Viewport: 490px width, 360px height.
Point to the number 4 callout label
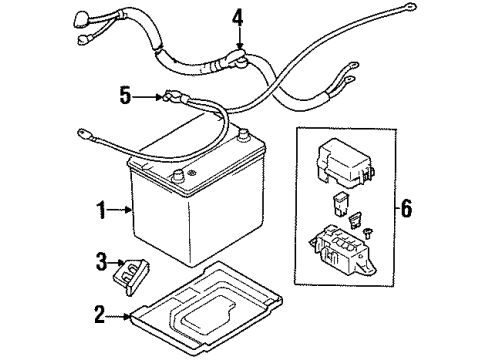click(x=237, y=17)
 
